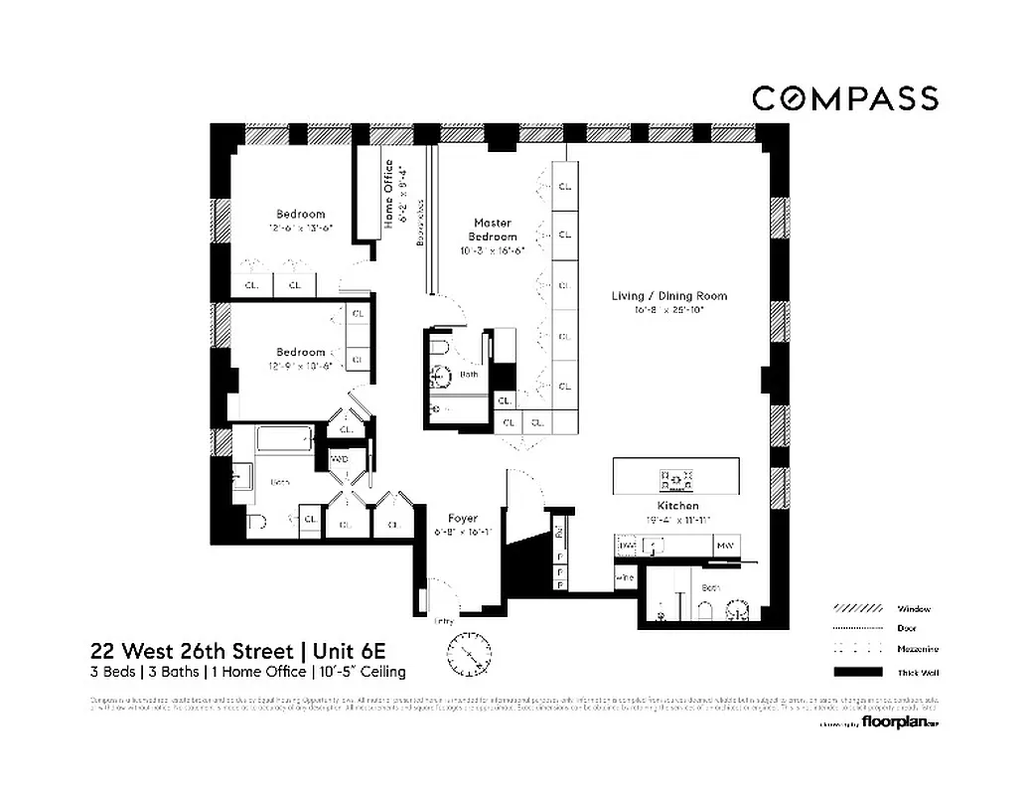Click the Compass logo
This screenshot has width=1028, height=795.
click(x=844, y=98)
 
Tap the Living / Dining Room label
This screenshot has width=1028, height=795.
click(x=668, y=295)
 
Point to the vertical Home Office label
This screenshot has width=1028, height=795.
click(x=388, y=194)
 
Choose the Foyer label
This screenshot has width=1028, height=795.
click(x=463, y=518)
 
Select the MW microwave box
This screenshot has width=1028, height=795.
click(x=726, y=547)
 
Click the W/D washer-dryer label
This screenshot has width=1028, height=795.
click(x=340, y=460)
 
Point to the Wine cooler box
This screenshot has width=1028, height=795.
click(x=626, y=577)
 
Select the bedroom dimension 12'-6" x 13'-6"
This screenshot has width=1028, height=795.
click(x=300, y=228)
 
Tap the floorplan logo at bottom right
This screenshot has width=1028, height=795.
click(x=899, y=721)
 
